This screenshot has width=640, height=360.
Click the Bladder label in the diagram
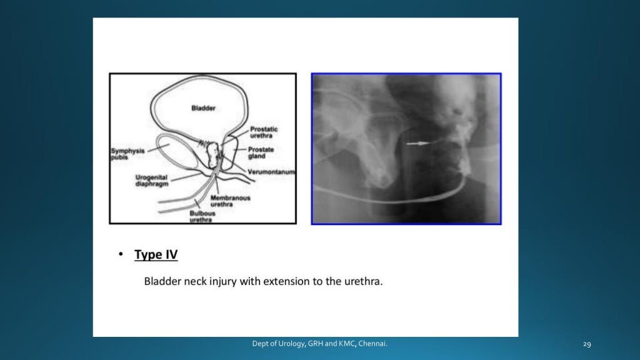203,108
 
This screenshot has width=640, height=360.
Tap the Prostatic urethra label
264,132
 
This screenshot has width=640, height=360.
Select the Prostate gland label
261,153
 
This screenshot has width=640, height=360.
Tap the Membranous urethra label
230,201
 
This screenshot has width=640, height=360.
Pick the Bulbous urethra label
204,216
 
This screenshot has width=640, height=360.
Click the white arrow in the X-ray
417,143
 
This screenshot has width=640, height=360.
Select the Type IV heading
156,255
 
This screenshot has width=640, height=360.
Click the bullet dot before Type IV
120,255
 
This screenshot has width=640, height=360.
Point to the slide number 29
586,344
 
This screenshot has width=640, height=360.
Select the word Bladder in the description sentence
162,281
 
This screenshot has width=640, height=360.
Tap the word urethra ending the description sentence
363,281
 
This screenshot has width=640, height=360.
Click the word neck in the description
198,281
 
